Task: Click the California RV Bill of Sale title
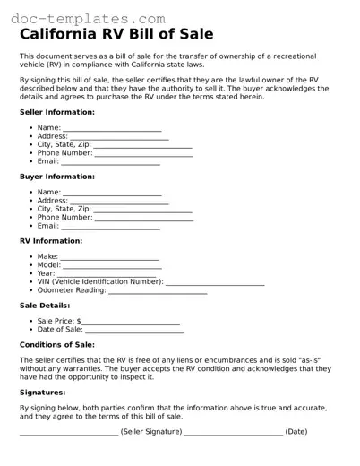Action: click(x=116, y=35)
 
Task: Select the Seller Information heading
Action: click(x=56, y=112)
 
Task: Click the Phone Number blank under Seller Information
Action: click(x=143, y=154)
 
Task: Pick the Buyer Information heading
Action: click(x=56, y=177)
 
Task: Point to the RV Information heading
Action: click(x=50, y=241)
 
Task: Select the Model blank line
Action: click(x=112, y=267)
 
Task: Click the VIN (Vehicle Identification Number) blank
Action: click(x=215, y=283)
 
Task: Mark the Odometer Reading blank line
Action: click(x=158, y=292)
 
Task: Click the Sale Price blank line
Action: click(x=131, y=322)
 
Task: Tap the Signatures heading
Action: click(x=43, y=392)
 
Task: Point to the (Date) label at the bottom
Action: click(x=296, y=432)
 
